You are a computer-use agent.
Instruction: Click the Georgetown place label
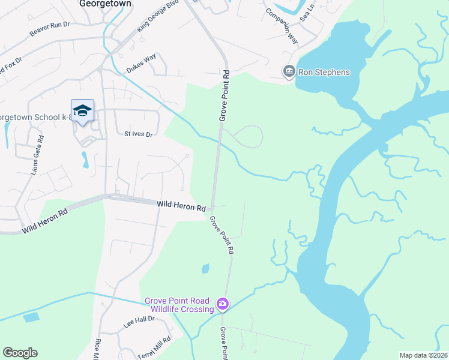pyautogui.click(x=105, y=3)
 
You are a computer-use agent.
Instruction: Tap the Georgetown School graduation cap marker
pyautogui.click(x=82, y=110)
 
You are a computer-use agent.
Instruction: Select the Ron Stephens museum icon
pyautogui.click(x=289, y=72)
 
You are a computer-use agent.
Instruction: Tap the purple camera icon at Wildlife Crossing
pyautogui.click(x=223, y=305)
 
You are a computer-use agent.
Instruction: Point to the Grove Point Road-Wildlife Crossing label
pyautogui.click(x=178, y=305)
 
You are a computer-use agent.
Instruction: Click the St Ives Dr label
pyautogui.click(x=139, y=134)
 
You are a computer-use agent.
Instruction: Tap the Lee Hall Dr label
pyautogui.click(x=139, y=322)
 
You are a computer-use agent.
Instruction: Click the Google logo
pyautogui.click(x=20, y=353)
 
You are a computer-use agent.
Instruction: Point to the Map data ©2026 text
pyautogui.click(x=423, y=355)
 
